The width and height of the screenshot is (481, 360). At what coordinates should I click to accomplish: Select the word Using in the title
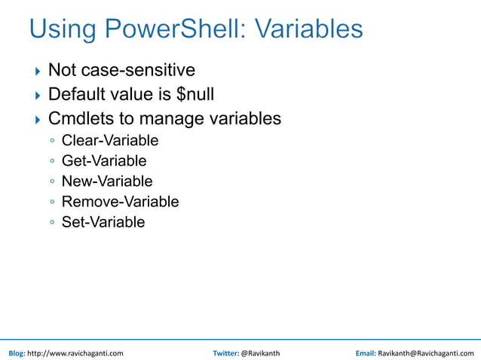pos(63,30)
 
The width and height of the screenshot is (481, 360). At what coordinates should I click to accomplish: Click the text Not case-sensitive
pos(121,70)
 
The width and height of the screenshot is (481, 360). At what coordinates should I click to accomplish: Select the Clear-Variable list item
pos(110,140)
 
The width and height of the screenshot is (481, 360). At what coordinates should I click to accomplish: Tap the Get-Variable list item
pos(104,160)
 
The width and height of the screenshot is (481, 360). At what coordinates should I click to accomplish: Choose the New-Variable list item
pos(107,182)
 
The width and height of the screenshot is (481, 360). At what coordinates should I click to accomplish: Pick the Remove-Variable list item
pos(120,202)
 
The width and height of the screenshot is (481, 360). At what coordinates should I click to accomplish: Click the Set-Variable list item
pos(103,222)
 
